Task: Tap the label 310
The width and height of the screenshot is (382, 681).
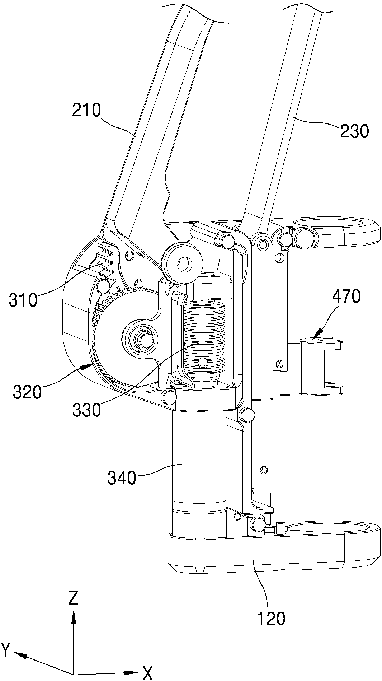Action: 23,300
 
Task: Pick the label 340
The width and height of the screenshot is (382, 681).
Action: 122,478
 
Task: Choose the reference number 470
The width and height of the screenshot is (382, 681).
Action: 346,297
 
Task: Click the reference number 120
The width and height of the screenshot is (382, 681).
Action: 271,619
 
